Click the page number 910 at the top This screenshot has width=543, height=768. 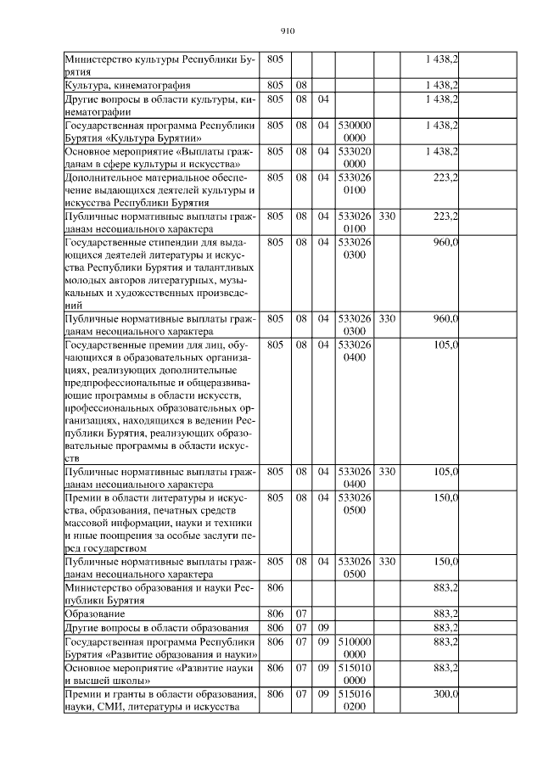click(286, 31)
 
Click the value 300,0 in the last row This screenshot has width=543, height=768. click(444, 693)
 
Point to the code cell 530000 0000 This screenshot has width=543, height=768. click(355, 131)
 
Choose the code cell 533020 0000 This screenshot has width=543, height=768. click(355, 157)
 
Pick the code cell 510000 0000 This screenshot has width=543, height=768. click(355, 647)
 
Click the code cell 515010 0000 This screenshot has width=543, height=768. click(355, 674)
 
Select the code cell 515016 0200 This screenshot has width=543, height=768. click(355, 700)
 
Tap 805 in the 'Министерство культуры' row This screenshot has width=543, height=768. click(275, 60)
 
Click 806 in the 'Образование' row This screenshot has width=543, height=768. click(275, 613)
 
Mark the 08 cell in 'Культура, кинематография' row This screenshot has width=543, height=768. click(301, 86)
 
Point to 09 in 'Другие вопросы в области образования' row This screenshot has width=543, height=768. click(323, 627)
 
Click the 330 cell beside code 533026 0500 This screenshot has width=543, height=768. click(387, 561)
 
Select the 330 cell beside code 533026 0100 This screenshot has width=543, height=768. click(387, 216)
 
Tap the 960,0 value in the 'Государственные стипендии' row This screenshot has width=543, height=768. click(444, 242)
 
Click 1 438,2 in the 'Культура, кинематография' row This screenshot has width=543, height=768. click(441, 86)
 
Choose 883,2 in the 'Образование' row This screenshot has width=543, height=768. click(444, 613)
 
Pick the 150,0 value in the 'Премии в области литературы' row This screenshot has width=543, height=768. click(444, 496)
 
